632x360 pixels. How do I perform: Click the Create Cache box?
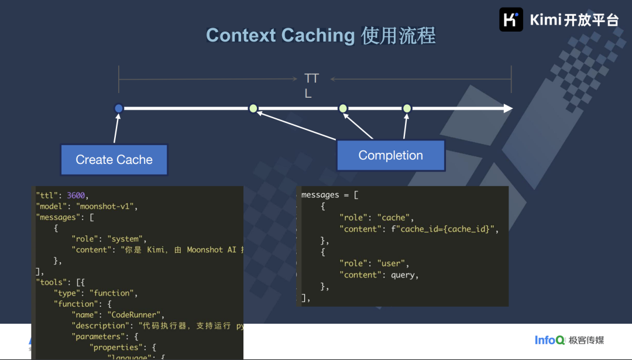(114, 160)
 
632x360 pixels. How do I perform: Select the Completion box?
(390, 156)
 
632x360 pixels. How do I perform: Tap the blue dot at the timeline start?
(119, 108)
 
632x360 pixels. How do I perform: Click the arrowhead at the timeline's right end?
(507, 108)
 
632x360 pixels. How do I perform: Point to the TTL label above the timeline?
(311, 85)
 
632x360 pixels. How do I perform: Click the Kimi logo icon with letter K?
(511, 19)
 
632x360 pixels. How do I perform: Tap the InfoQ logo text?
(549, 340)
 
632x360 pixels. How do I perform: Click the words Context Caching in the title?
(280, 36)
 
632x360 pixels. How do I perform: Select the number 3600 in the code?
(77, 196)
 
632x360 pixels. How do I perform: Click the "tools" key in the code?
(51, 282)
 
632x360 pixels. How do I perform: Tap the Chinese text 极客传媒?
(588, 340)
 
